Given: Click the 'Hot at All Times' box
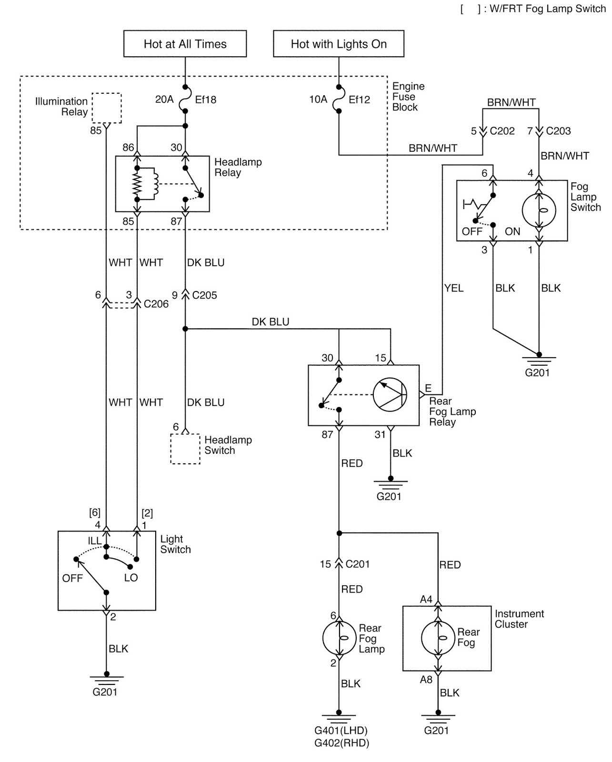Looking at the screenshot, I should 185,44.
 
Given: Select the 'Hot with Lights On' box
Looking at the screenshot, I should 339,44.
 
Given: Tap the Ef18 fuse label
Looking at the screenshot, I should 205,100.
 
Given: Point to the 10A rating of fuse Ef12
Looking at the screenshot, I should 318,100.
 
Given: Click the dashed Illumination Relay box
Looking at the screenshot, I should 106,108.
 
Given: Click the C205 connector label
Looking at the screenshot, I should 204,295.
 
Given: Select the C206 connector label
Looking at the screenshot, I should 156,304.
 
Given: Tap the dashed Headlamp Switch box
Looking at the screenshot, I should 185,449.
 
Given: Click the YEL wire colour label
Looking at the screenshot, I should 453,288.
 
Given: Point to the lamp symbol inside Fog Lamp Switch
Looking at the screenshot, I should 539,210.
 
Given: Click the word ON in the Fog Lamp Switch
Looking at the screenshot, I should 512,232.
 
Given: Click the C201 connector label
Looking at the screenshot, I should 357,564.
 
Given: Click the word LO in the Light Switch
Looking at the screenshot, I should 131,578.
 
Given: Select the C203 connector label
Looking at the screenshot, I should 558,131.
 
